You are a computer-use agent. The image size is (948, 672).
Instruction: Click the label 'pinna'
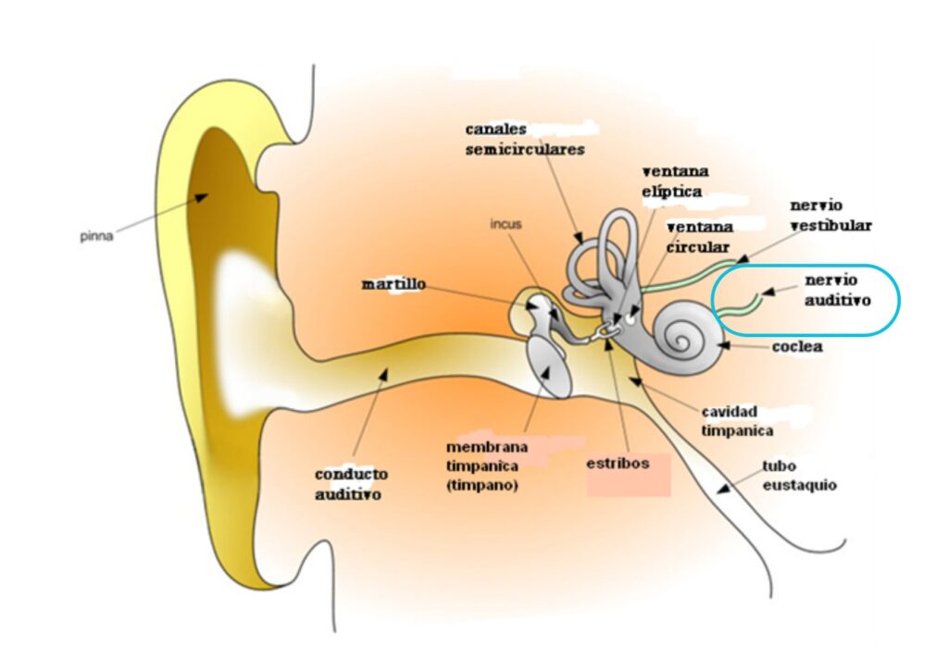click(95, 236)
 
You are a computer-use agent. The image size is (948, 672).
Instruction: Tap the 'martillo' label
click(393, 284)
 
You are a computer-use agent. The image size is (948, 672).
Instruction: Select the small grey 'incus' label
click(505, 224)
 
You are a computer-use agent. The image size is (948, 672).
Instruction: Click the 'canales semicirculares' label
click(524, 139)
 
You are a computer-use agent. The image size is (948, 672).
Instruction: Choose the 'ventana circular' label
click(698, 237)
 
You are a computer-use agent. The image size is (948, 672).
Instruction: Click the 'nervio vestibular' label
click(829, 215)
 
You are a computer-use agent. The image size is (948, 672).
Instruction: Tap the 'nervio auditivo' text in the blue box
click(838, 289)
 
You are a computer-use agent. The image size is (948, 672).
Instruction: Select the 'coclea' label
click(797, 347)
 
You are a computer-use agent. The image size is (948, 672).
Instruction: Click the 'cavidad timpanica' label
click(737, 420)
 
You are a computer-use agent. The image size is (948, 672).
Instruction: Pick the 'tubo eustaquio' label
click(799, 475)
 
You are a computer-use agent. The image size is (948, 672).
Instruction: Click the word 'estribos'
click(617, 462)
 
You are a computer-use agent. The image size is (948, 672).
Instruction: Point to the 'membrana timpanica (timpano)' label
click(481, 466)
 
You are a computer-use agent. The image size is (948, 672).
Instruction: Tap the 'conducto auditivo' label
click(351, 484)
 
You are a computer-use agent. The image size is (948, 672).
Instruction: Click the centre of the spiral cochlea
click(685, 337)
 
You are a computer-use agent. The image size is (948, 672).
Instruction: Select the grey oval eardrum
click(547, 367)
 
